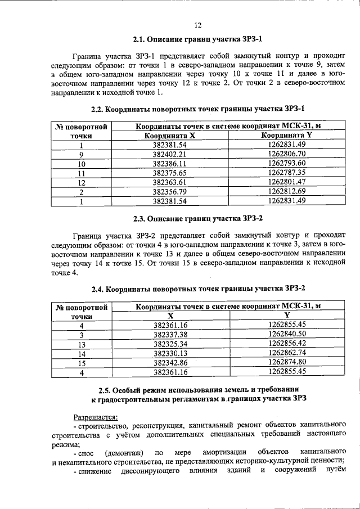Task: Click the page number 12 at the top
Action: tap(197, 25)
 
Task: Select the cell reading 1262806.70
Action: tap(287, 154)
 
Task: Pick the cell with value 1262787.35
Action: tap(287, 173)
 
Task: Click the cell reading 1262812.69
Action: tap(287, 192)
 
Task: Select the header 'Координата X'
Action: tap(169, 136)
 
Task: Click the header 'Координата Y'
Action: tap(287, 136)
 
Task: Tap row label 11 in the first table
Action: tap(82, 173)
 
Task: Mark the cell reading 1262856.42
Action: tap(287, 343)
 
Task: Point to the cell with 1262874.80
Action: tap(287, 362)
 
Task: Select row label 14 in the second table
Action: tap(82, 353)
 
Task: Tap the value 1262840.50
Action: tap(287, 334)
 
